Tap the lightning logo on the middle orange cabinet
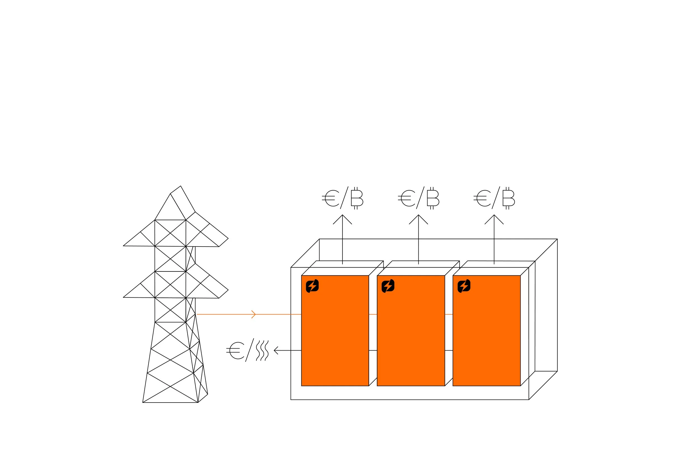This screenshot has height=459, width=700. pyautogui.click(x=388, y=286)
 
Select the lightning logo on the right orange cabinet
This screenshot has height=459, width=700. pyautogui.click(x=464, y=286)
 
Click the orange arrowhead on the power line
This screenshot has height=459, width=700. pyautogui.click(x=253, y=314)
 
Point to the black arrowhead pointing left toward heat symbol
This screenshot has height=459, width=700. pyautogui.click(x=276, y=350)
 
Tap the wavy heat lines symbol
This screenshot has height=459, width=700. pyautogui.click(x=262, y=350)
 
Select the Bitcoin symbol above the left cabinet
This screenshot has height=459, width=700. pyautogui.click(x=357, y=198)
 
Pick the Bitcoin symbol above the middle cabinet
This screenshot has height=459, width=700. pyautogui.click(x=433, y=198)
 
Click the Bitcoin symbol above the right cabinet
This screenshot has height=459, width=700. pyautogui.click(x=508, y=198)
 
